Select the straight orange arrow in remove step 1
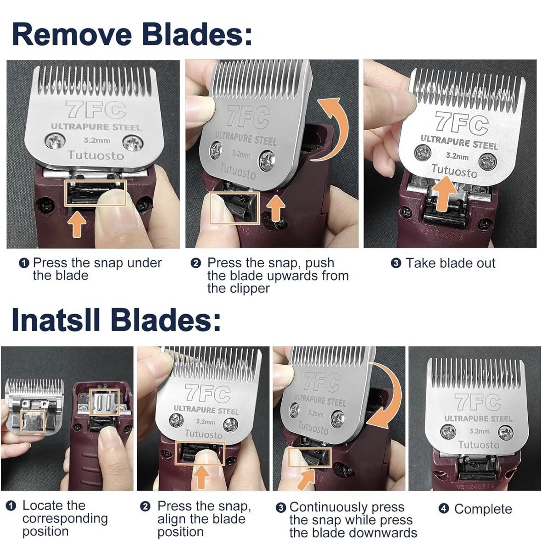click(x=77, y=225)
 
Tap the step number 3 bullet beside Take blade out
click(x=396, y=264)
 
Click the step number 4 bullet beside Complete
click(x=444, y=509)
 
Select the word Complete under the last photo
click(x=483, y=509)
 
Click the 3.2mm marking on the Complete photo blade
click(x=479, y=431)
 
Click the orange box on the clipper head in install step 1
click(x=104, y=401)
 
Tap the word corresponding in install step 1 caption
click(x=65, y=518)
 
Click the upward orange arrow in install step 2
click(x=200, y=476)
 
